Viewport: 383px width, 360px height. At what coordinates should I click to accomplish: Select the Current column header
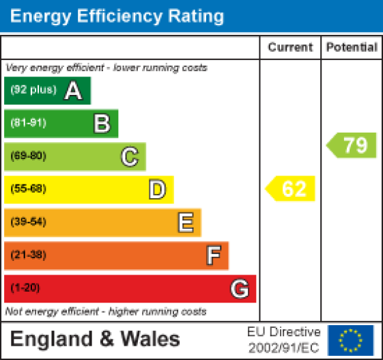coord(290,48)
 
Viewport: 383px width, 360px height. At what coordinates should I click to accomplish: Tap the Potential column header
coord(352,48)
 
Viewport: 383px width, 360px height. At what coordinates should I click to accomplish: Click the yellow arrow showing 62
coord(292,189)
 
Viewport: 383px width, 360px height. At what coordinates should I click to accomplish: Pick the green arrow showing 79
coord(352,145)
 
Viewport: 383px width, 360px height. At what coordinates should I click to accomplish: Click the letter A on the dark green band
coord(73,91)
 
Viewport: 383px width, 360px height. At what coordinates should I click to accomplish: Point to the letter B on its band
coord(101,124)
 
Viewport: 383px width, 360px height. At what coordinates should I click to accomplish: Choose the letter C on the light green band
coord(129,156)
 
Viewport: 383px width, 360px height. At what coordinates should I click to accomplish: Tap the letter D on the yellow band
coord(157,189)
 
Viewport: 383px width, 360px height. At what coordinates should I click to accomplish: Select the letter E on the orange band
coord(185,222)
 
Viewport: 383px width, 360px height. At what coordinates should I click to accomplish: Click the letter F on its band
coord(213,255)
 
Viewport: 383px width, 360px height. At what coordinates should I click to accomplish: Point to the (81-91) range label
coord(28,124)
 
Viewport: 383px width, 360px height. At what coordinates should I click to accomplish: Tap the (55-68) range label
coord(28,189)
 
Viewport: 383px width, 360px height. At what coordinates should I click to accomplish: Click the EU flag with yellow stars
coord(351,340)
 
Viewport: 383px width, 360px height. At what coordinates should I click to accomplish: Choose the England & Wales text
coord(95,339)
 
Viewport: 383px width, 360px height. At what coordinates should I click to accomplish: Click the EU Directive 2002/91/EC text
coord(283,339)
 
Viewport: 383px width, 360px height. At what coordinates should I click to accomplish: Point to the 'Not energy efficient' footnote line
coord(106,311)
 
